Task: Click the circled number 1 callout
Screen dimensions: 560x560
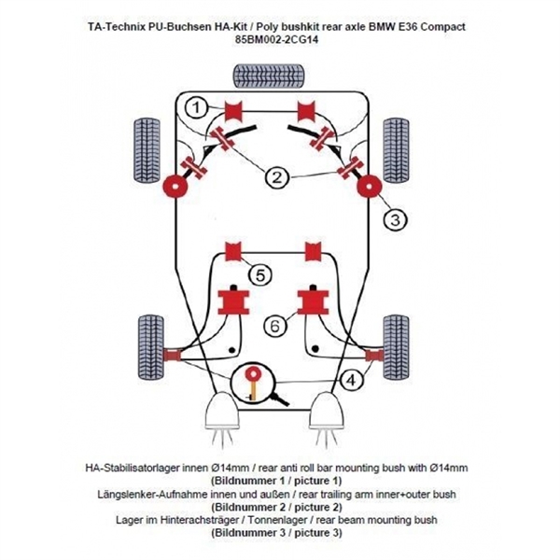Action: (196, 108)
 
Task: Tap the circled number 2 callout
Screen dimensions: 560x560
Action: (277, 176)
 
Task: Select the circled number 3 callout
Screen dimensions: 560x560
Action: (395, 220)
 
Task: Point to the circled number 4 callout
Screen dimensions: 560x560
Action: (351, 381)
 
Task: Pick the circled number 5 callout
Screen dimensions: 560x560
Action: (260, 274)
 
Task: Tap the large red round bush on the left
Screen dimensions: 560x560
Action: (175, 186)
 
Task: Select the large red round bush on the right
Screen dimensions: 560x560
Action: (371, 185)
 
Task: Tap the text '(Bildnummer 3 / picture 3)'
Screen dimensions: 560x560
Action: (278, 533)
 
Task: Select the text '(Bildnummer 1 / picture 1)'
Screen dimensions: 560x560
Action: (278, 480)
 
